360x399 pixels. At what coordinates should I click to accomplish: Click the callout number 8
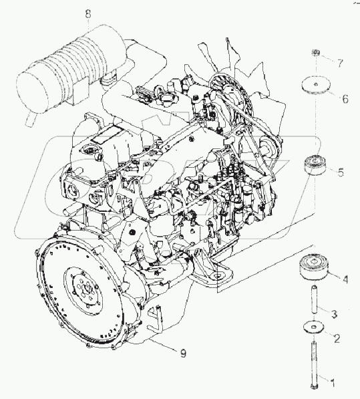[88, 13]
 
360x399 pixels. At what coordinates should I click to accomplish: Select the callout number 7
[340, 63]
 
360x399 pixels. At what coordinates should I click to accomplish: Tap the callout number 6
[345, 99]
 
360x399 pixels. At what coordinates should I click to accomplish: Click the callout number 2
[337, 338]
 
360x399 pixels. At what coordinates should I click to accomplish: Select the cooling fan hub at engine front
[232, 101]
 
